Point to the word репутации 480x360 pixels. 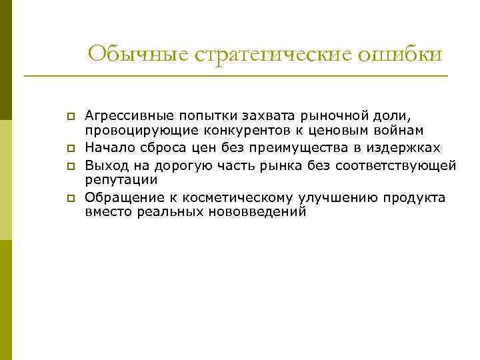click(121, 180)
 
